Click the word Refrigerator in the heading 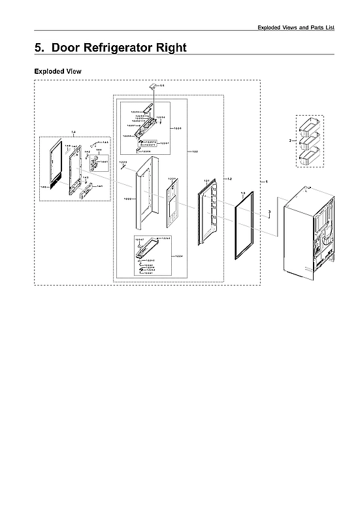click(111, 48)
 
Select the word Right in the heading click(167, 48)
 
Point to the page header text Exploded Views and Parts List click(295, 28)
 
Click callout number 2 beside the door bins click(290, 140)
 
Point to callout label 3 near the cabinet click(269, 211)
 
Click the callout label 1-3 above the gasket click(242, 193)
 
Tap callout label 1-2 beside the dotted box click(228, 178)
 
